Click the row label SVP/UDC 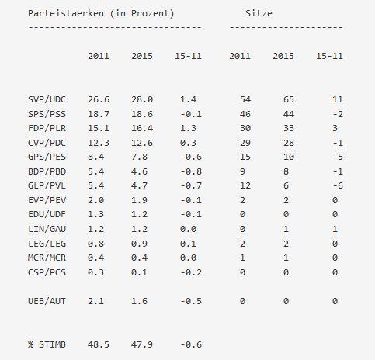(x=47, y=99)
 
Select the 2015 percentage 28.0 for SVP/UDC (x=142, y=99)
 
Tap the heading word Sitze (x=259, y=13)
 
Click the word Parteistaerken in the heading (x=66, y=13)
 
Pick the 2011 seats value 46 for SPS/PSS (x=245, y=114)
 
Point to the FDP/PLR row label (x=47, y=128)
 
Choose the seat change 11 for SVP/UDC (x=338, y=99)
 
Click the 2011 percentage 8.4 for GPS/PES (x=96, y=157)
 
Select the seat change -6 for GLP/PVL (x=338, y=185)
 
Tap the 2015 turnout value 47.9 (x=142, y=344)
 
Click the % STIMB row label (x=47, y=344)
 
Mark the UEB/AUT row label (x=47, y=301)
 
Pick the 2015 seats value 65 (x=289, y=99)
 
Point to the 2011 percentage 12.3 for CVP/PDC (x=99, y=143)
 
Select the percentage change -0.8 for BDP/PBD (x=191, y=171)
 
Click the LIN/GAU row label (x=47, y=229)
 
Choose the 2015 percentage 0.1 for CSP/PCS (x=140, y=272)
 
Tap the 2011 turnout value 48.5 (x=99, y=344)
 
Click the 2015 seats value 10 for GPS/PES (x=289, y=157)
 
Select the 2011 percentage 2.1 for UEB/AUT (x=96, y=301)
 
